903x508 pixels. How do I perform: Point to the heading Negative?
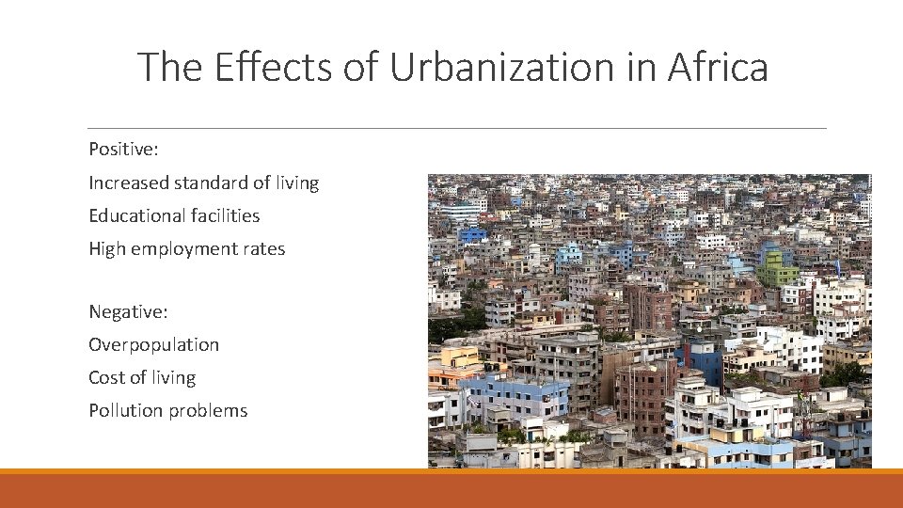click(x=128, y=311)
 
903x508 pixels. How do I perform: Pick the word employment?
click(x=184, y=249)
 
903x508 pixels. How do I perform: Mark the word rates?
click(x=264, y=248)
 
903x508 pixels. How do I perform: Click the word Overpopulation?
click(x=153, y=345)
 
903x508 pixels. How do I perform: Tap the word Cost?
click(x=106, y=377)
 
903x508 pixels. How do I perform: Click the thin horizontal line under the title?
click(x=457, y=128)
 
